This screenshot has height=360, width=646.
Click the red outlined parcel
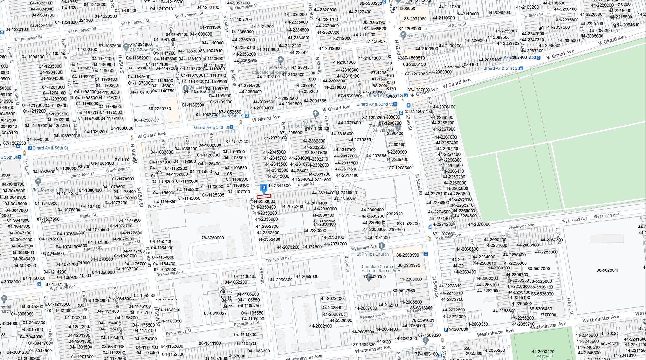pos(264,197)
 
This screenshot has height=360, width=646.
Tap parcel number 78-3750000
pos(212,238)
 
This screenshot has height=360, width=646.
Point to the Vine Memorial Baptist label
pos(52,190)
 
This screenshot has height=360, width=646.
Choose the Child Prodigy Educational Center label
pos(270,70)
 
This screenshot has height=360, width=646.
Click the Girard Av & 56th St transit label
pos(50,148)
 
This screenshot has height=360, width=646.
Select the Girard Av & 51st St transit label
pos(501,68)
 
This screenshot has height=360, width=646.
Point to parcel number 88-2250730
pos(160,109)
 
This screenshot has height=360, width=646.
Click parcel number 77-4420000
pos(374,277)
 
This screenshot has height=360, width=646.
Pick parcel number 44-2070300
pos(479,224)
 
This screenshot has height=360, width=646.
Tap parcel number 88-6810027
pos(215,313)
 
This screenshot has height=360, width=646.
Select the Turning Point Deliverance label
pos(383,128)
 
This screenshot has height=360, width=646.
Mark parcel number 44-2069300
pos(307,277)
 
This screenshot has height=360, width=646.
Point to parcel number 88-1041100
pos(210,343)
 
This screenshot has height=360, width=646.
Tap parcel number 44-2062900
pos(321,326)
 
